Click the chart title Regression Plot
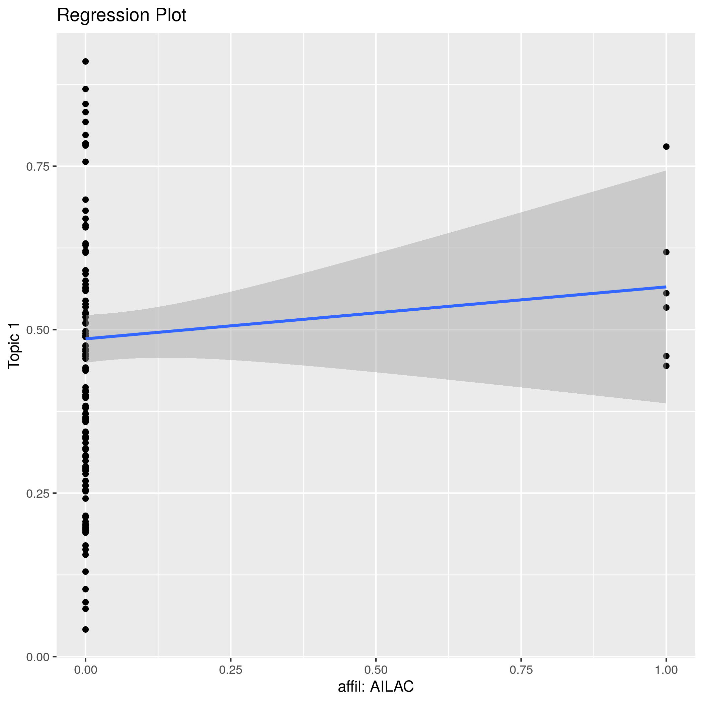coord(122,15)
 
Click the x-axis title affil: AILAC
coord(376,687)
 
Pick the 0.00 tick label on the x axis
coord(85,670)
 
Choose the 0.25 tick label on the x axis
coord(231,670)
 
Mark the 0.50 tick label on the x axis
coord(376,670)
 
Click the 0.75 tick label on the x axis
coord(521,670)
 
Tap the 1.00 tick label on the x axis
coord(666,670)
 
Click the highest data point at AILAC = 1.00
coord(666,147)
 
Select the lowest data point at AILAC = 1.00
coord(666,366)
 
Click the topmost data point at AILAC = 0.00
coord(85,62)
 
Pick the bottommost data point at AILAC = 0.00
coord(85,629)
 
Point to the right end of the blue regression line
coord(666,287)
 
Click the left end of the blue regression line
coord(86,339)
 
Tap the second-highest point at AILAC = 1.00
coord(666,252)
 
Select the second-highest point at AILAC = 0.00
coord(85,89)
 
